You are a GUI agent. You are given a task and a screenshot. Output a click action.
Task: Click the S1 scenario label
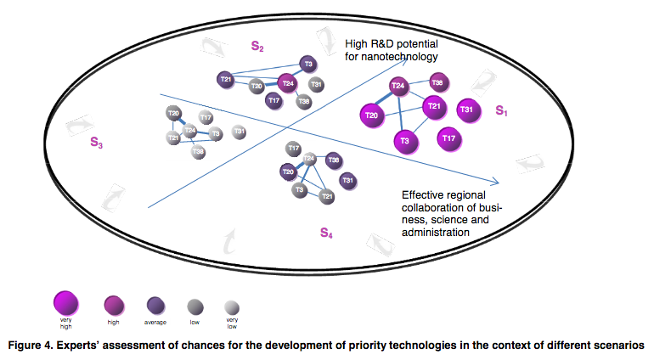tap(501, 110)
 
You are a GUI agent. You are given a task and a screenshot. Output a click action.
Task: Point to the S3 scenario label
tap(97, 143)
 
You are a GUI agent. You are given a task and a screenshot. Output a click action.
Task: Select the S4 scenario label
tap(326, 232)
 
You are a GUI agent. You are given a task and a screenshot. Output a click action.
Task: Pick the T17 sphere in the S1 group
tap(450, 138)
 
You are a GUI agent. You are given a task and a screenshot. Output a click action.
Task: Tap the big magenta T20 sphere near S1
tap(371, 115)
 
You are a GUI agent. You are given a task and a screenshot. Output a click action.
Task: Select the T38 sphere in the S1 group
tap(437, 82)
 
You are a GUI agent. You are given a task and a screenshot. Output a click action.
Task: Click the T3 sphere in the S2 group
tap(308, 65)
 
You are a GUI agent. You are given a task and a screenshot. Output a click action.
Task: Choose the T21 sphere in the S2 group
tap(226, 80)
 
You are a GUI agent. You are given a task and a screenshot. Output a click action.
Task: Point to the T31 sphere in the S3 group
tap(240, 132)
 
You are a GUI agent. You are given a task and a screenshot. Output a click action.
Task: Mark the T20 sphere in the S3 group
tap(173, 114)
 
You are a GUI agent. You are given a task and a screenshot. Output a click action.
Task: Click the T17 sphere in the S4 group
tap(294, 149)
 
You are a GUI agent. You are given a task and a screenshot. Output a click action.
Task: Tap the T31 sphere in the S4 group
tap(347, 180)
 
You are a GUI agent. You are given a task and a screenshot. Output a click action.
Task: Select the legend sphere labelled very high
tap(65, 301)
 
